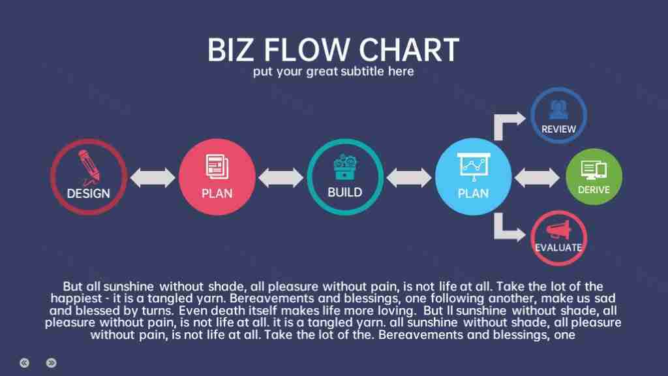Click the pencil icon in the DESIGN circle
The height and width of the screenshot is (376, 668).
tap(89, 167)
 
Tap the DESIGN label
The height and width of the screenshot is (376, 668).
tap(89, 193)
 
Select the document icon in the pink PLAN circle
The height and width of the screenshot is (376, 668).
tap(217, 166)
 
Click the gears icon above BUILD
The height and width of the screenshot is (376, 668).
tap(345, 166)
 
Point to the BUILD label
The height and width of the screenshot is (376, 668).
tap(345, 193)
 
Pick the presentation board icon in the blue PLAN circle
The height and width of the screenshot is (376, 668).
tap(474, 166)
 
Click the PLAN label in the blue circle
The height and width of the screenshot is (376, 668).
tap(474, 193)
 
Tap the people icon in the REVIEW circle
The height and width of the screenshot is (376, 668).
tap(558, 110)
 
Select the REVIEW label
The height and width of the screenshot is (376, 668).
tap(558, 129)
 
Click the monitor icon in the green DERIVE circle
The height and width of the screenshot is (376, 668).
tap(594, 170)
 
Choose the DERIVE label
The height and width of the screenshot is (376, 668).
tap(594, 190)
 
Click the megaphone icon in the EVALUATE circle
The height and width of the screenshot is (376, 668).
tap(558, 230)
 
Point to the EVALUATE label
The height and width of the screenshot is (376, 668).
tap(558, 247)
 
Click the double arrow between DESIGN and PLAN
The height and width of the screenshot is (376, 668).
tap(153, 178)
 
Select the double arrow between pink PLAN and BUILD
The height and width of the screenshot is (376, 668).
tap(281, 178)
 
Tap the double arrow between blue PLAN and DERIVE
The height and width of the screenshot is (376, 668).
tap(537, 178)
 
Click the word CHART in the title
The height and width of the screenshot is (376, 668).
tap(409, 50)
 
